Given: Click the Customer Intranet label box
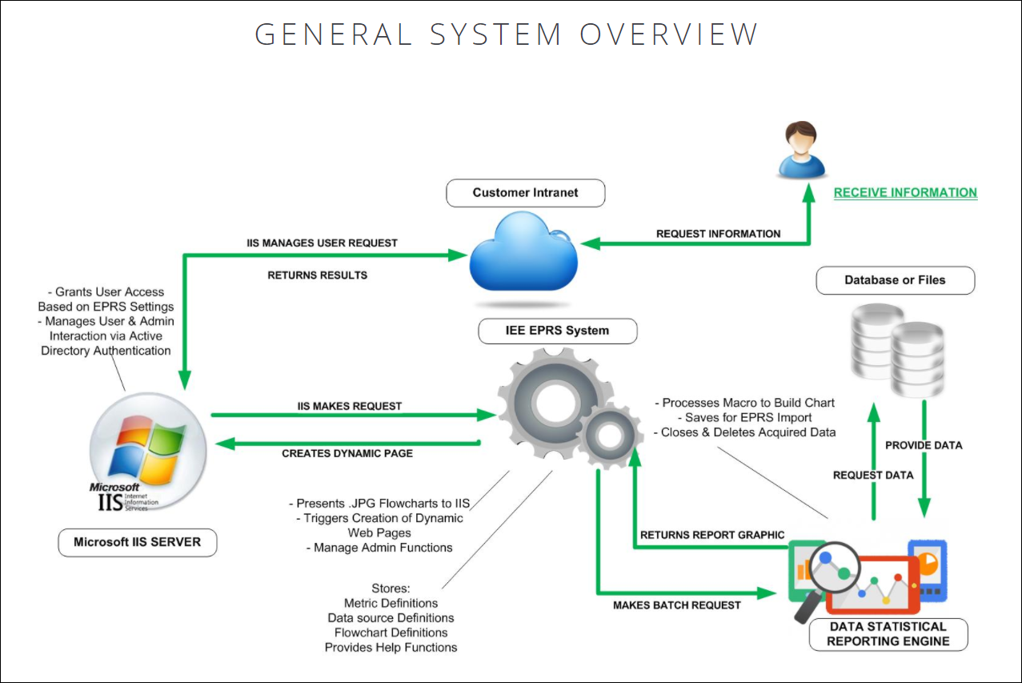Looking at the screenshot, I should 525,192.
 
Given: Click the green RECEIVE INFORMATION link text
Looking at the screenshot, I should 905,192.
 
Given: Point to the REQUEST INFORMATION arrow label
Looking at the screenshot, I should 718,234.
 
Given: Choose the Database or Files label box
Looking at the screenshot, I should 895,280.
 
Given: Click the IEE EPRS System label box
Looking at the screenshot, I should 557,330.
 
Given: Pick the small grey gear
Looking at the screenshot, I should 609,437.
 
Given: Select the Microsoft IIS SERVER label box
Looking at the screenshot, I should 137,542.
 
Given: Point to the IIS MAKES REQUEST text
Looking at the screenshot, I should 350,406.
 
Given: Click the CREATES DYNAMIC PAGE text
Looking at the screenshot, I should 347,453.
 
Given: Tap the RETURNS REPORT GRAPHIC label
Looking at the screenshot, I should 712,535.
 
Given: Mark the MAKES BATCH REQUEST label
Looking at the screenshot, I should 676,605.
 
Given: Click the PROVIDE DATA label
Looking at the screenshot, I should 924,445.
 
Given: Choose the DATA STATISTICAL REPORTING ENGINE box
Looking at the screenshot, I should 888,633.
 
